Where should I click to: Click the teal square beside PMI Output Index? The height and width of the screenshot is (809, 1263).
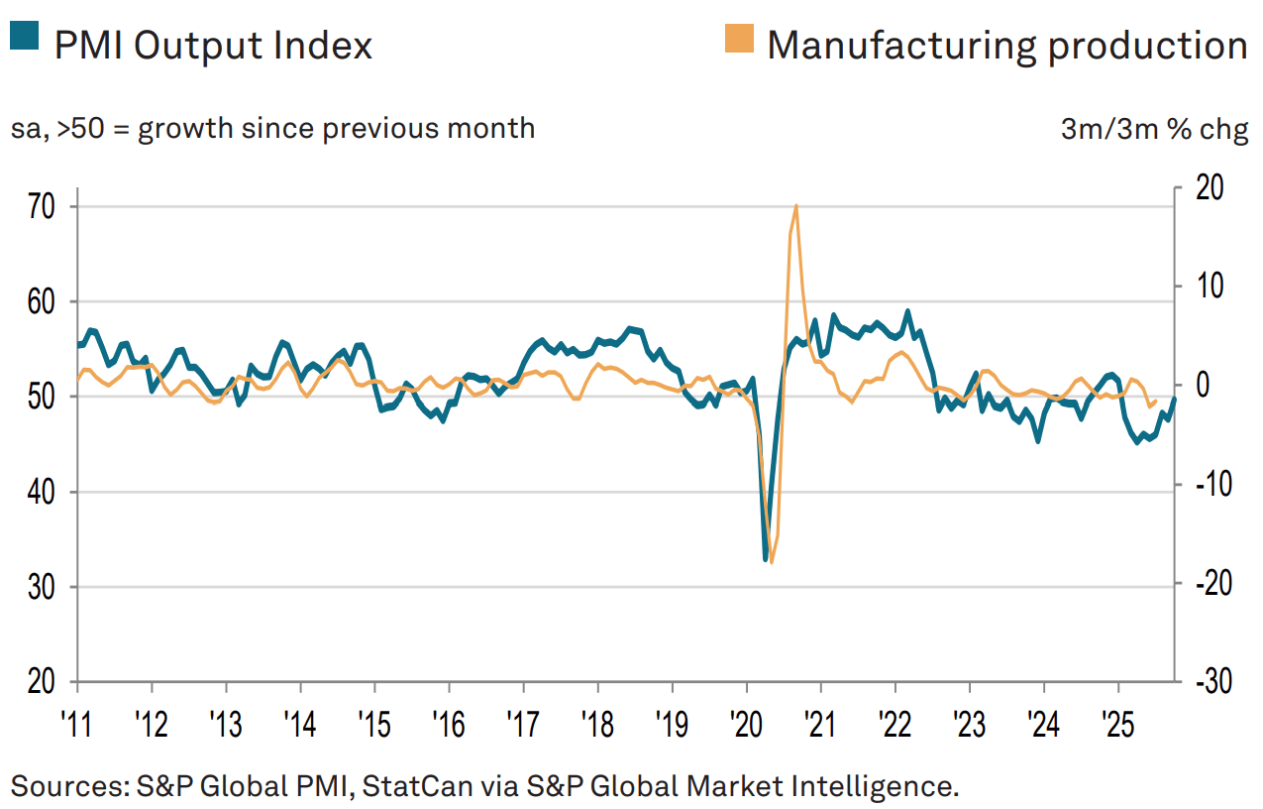[x=24, y=35]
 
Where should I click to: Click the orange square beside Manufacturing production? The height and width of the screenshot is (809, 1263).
[x=739, y=39]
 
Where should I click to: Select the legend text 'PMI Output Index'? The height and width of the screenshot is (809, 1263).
[x=213, y=45]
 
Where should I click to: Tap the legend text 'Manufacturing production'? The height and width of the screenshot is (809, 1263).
[x=1006, y=45]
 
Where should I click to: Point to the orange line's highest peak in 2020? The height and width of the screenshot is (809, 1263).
[x=796, y=205]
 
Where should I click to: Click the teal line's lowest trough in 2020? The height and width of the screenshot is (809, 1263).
[x=766, y=560]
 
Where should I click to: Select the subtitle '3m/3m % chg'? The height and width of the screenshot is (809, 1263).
[x=1154, y=130]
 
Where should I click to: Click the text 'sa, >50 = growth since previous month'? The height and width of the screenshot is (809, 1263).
[x=272, y=129]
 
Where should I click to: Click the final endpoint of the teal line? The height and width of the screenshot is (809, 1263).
[x=1175, y=399]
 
